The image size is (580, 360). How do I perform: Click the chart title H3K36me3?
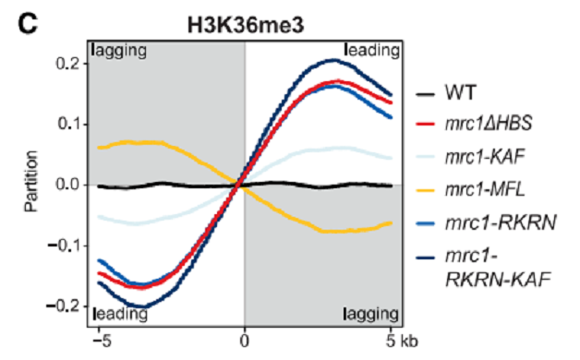pos(246,26)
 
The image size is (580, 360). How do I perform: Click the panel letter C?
pos(28,24)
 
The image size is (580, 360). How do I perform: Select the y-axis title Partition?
pos(31,181)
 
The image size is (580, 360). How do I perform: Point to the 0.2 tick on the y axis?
pos(67,64)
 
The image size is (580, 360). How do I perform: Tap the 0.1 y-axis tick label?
pos(68,125)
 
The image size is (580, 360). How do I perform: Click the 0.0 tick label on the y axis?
pos(67,185)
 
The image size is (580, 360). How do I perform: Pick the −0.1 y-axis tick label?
pos(64,245)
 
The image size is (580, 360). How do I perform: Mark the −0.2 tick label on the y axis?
pos(63,306)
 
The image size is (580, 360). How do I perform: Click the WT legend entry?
pos(460,93)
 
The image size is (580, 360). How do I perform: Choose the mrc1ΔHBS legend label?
pos(489,124)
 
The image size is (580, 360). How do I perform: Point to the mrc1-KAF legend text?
pos(485,157)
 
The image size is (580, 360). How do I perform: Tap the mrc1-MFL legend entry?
pos(485,190)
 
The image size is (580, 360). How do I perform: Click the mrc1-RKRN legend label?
pos(501,222)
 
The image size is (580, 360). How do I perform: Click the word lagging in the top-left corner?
pos(119,51)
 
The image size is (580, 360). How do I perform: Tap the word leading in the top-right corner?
pos(372,50)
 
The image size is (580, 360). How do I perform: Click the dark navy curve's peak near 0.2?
pos(334,59)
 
